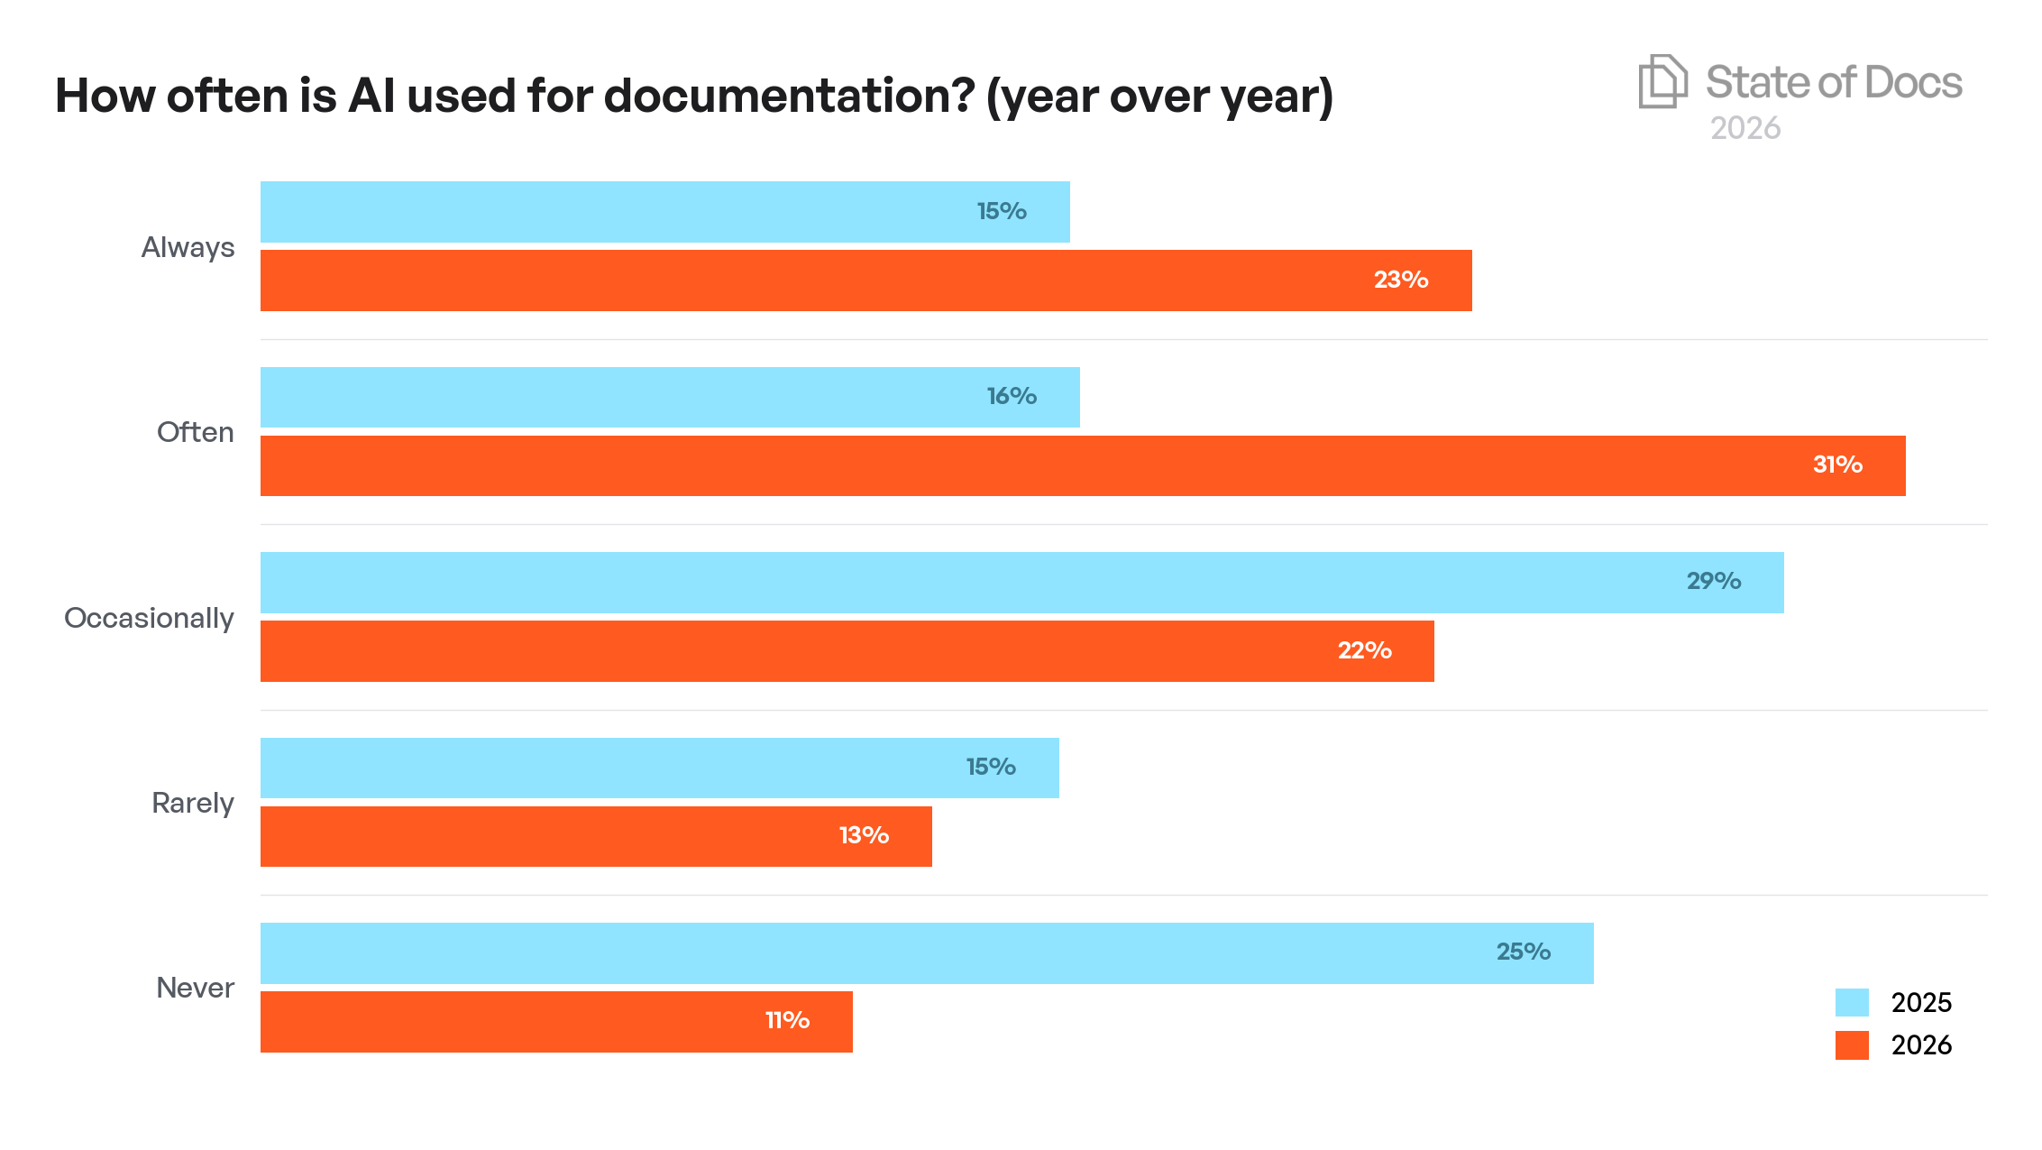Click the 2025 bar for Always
point(664,212)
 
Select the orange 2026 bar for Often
point(1082,465)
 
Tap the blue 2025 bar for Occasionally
point(1021,583)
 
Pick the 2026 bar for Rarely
point(595,836)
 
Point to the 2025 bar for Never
point(926,953)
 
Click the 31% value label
point(1837,465)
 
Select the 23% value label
point(1400,280)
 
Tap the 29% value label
point(1713,581)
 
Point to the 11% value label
point(787,1020)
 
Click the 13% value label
point(864,835)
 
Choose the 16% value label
point(1012,396)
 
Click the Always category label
point(188,247)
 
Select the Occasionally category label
point(149,618)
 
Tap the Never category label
point(195,988)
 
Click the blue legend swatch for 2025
point(1852,1002)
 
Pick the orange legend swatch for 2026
point(1852,1044)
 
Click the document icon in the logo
point(1662,82)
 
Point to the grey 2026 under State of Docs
point(1745,128)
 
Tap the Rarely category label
point(192,803)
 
